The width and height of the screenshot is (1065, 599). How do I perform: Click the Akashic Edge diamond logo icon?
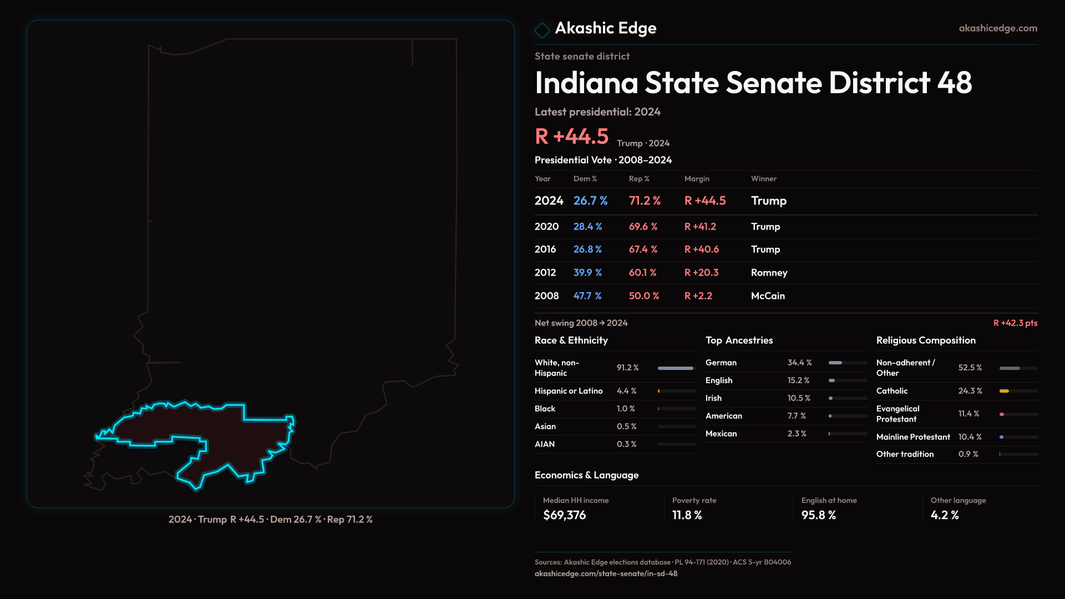pos(542,29)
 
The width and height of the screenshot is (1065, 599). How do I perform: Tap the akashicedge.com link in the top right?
pos(998,28)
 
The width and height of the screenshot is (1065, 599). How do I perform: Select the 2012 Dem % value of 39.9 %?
pos(587,272)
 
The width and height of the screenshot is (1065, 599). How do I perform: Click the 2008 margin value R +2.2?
pos(698,296)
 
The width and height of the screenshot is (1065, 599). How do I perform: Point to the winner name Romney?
pos(769,272)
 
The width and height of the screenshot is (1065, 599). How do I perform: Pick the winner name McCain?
pos(768,296)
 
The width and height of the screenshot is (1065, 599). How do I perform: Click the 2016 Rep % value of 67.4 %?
pos(643,249)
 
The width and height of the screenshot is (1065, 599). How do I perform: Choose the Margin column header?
pos(697,179)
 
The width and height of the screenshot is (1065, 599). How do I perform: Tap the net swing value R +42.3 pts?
pos(1015,323)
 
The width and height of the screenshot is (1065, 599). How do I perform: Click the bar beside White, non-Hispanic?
pos(676,368)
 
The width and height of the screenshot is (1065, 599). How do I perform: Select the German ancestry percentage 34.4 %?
pos(799,362)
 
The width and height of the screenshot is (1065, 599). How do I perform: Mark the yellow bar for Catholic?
pos(1004,391)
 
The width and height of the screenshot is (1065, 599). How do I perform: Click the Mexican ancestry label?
pos(721,433)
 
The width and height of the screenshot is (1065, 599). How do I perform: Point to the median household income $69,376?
pos(564,515)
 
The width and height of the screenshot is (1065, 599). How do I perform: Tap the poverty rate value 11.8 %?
pos(687,515)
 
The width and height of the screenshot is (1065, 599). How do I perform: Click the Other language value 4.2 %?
pos(945,515)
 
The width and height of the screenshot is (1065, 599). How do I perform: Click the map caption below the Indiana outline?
pos(271,519)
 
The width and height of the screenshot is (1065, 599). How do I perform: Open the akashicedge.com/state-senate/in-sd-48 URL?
pos(606,573)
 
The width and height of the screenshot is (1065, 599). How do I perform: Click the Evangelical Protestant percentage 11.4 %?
pos(968,414)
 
